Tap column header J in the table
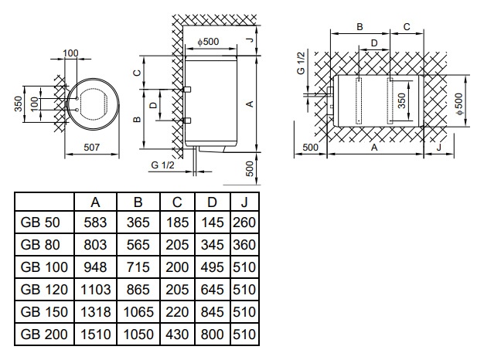[244, 202]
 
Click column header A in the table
[96, 202]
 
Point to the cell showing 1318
[96, 313]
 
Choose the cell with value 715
[138, 268]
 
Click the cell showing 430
[177, 335]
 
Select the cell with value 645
[212, 290]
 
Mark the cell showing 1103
[96, 290]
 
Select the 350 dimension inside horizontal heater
[401, 99]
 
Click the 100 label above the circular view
[70, 53]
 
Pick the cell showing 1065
[138, 313]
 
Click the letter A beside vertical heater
[249, 103]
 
